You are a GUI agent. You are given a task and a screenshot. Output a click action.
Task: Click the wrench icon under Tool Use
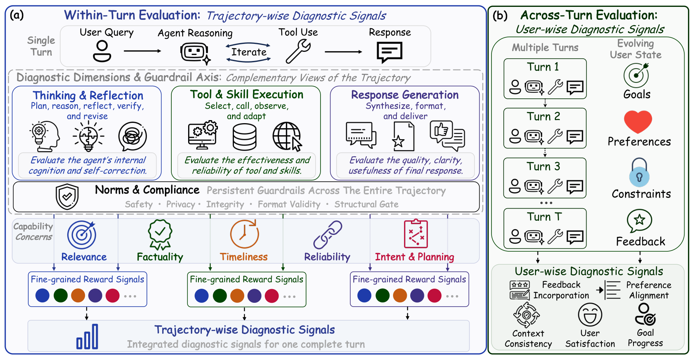(x=298, y=51)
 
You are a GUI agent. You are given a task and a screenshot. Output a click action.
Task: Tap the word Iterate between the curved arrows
(x=249, y=52)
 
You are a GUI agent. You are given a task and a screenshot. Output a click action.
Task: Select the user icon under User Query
(x=102, y=51)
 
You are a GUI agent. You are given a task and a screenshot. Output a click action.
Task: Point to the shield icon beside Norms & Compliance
(x=67, y=197)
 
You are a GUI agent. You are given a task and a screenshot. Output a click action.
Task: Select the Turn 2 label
(x=543, y=116)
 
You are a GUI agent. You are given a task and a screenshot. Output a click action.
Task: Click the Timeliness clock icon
(x=245, y=234)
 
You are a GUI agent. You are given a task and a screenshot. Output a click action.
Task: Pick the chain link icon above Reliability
(x=328, y=235)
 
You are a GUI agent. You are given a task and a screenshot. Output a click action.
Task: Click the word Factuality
(x=160, y=257)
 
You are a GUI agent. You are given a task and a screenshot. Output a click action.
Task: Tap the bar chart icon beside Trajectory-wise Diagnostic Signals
(x=87, y=336)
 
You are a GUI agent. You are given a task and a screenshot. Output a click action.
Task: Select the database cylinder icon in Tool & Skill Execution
(x=245, y=137)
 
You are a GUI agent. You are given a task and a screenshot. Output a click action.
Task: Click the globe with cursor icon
(x=287, y=137)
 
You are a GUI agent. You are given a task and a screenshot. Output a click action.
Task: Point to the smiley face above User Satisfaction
(x=590, y=315)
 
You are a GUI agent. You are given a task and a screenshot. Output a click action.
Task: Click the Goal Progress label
(x=645, y=338)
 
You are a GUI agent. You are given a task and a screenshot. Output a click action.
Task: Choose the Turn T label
(x=544, y=217)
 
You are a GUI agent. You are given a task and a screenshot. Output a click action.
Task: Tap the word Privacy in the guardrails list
(x=181, y=204)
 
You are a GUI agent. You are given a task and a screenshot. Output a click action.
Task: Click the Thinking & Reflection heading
(x=88, y=95)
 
